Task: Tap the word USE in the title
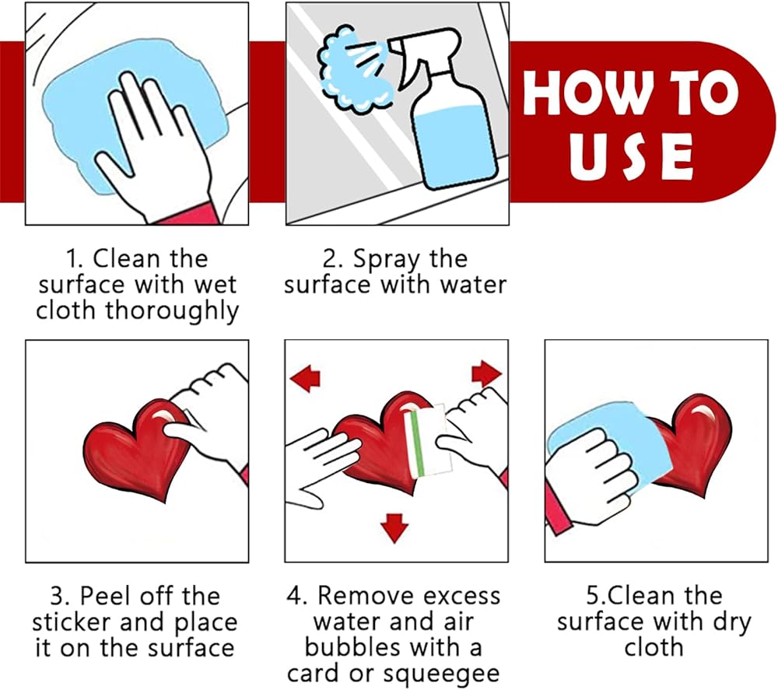coord(631,156)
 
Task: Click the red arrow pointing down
coord(394,528)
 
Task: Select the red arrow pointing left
coord(305,379)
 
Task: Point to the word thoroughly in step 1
coord(172,312)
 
